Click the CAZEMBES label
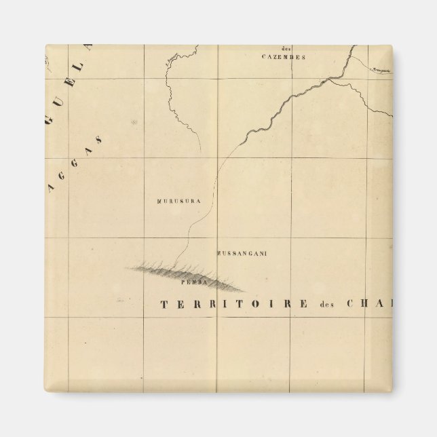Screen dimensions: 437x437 pyautogui.click(x=283, y=58)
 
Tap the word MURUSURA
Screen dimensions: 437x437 pyautogui.click(x=177, y=202)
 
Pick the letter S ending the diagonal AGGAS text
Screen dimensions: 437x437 pyautogui.click(x=100, y=139)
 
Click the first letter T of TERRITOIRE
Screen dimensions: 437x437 pyautogui.click(x=164, y=303)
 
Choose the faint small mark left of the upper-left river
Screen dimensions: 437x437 pyautogui.click(x=134, y=122)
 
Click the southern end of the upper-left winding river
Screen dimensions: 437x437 pyautogui.click(x=200, y=152)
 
